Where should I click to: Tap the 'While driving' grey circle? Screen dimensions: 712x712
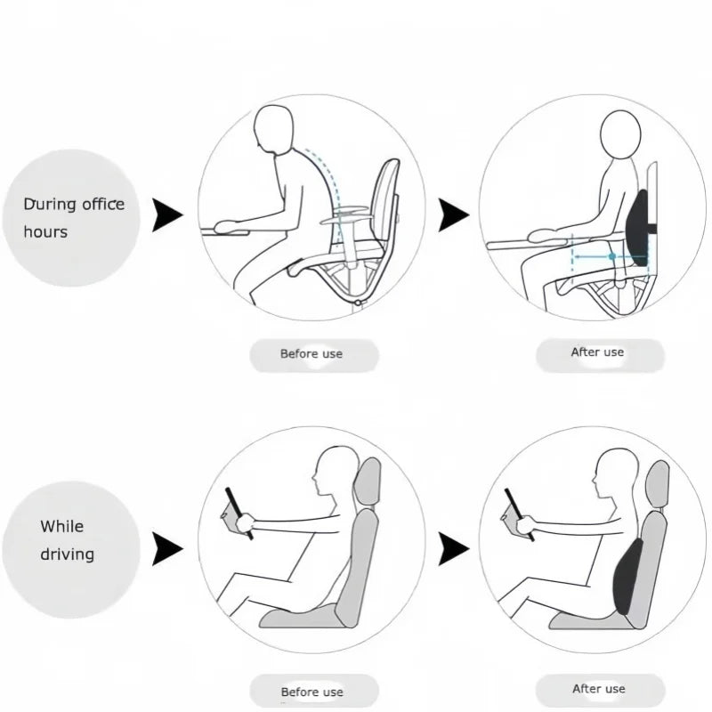(71, 540)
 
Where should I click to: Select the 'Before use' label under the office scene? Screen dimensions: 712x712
(312, 354)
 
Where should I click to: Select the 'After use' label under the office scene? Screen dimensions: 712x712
(599, 353)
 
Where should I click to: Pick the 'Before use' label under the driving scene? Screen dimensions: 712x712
(312, 692)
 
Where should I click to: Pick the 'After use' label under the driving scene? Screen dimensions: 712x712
(599, 689)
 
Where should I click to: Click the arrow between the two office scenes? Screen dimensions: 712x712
(453, 214)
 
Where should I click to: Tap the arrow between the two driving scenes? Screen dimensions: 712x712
(453, 550)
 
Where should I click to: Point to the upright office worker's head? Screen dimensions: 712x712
(620, 135)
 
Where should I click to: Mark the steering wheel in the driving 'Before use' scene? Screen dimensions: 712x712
(238, 513)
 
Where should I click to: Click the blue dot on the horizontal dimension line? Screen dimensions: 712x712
(612, 256)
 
